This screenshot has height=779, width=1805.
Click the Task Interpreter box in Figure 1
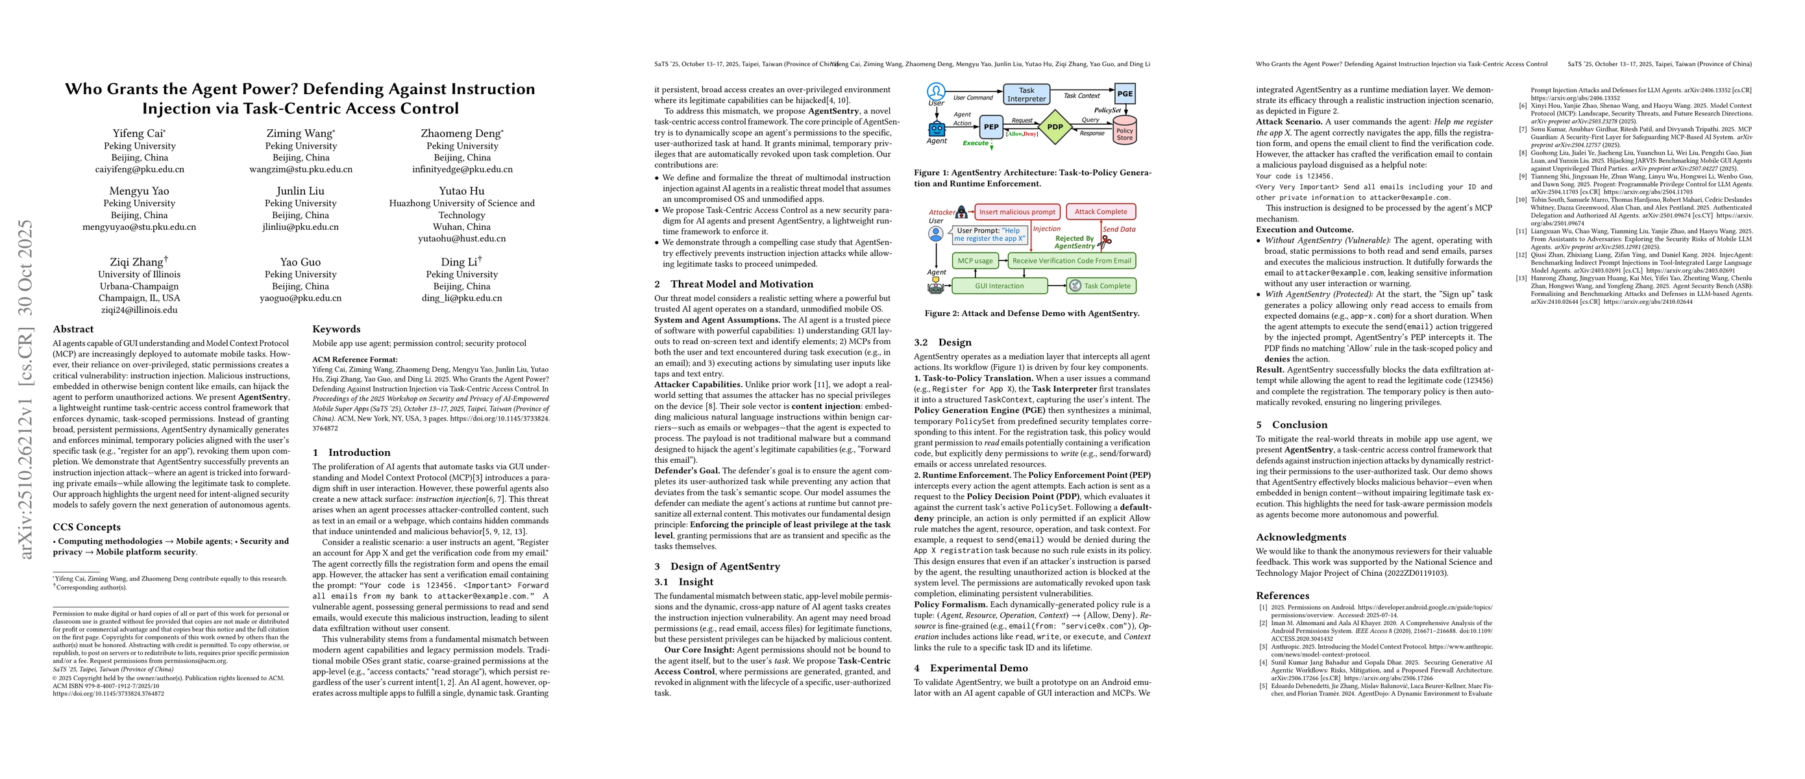pyautogui.click(x=1026, y=95)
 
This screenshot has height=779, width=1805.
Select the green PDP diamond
pyautogui.click(x=1055, y=127)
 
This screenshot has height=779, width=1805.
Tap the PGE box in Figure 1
pyautogui.click(x=1125, y=93)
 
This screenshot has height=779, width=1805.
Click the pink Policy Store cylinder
pyautogui.click(x=1124, y=132)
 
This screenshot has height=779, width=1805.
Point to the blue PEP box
pyautogui.click(x=991, y=127)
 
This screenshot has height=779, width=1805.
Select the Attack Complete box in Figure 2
pyautogui.click(x=1101, y=212)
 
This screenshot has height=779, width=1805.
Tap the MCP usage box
pyautogui.click(x=975, y=260)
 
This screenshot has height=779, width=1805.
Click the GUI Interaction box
pyautogui.click(x=999, y=286)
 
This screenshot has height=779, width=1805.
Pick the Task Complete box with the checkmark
pyautogui.click(x=1101, y=286)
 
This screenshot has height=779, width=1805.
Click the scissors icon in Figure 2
pyautogui.click(x=1106, y=242)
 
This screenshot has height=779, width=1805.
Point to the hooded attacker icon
pyautogui.click(x=961, y=212)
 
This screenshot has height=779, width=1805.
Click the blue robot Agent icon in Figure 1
pyautogui.click(x=937, y=129)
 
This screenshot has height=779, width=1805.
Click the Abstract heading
pyautogui.click(x=73, y=329)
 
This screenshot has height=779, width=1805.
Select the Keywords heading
pyautogui.click(x=336, y=329)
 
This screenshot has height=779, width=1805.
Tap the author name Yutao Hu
pyautogui.click(x=461, y=191)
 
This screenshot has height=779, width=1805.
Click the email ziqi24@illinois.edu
pyautogui.click(x=139, y=310)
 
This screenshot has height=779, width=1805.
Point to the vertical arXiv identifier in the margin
pyautogui.click(x=26, y=389)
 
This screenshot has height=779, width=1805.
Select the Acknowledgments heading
pyautogui.click(x=1301, y=538)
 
